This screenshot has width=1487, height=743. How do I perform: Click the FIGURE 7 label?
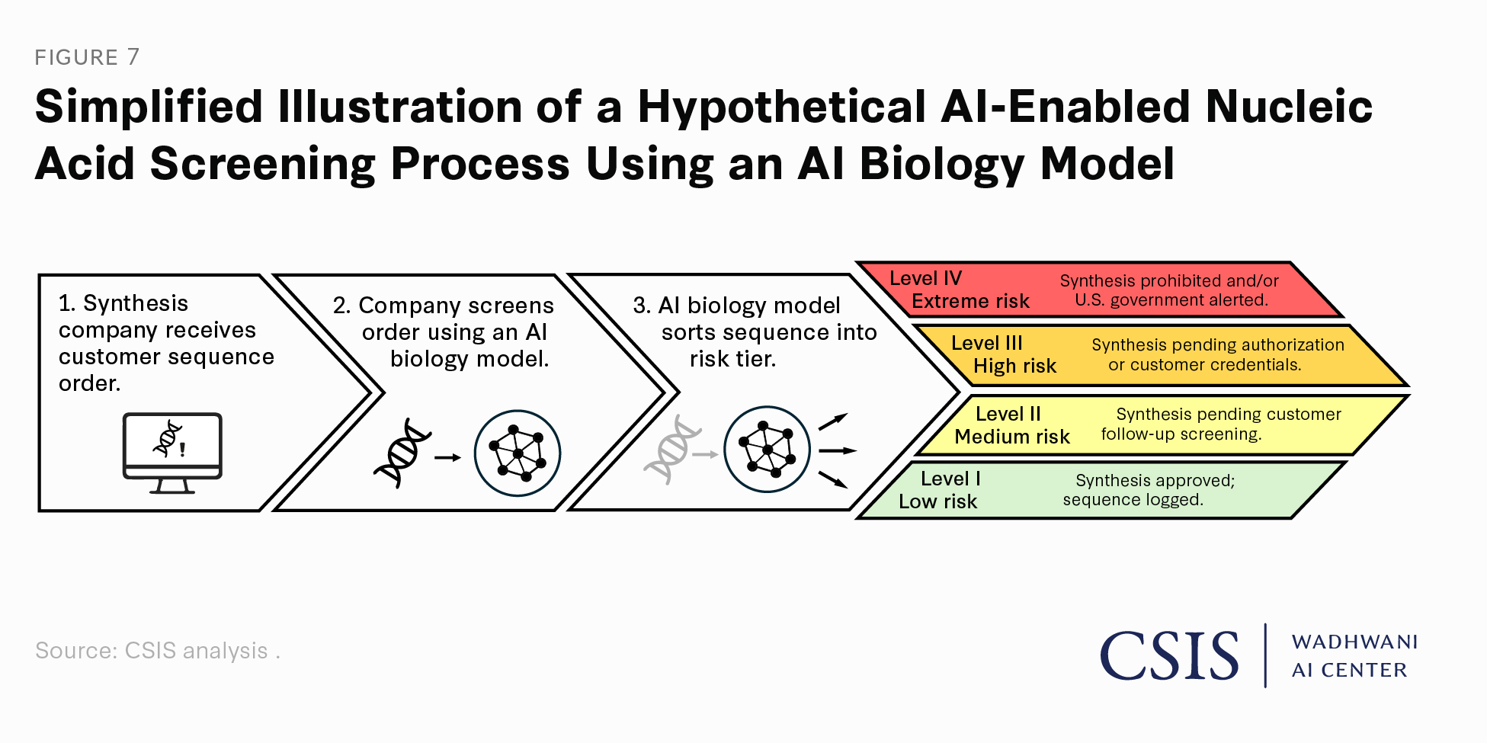87,57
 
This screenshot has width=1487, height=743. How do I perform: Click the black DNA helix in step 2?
402,453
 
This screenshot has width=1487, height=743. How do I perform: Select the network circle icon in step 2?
518,453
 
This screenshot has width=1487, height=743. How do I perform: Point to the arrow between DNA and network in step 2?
448,457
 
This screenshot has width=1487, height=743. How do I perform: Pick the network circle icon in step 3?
767,450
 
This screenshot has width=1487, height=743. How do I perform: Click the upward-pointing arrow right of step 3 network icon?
833,421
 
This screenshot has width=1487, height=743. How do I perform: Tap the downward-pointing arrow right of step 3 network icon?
833,479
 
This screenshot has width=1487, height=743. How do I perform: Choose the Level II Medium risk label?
1011,425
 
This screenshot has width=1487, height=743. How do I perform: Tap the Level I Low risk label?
939,490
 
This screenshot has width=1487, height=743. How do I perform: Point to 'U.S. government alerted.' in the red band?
1171,300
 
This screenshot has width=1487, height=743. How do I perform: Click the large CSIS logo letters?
1169,655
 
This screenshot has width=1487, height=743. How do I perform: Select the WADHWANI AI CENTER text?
1354,655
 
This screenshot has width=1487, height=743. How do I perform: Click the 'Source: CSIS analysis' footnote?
157,651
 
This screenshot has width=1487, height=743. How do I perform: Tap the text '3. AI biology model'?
736,306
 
